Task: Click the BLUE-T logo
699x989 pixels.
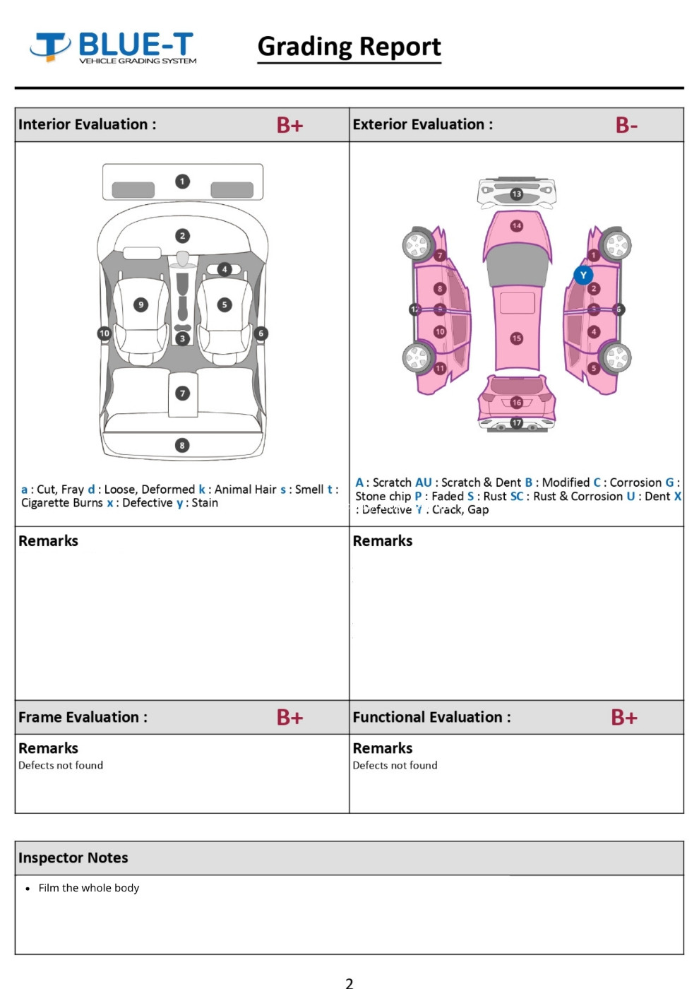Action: pyautogui.click(x=113, y=47)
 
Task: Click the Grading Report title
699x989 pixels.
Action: pyautogui.click(x=349, y=47)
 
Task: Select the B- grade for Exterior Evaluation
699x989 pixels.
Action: pyautogui.click(x=626, y=125)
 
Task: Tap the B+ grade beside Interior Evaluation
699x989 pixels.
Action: pyautogui.click(x=289, y=125)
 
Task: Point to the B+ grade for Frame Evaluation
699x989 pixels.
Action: pyautogui.click(x=289, y=717)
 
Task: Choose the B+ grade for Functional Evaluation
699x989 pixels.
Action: pyautogui.click(x=624, y=717)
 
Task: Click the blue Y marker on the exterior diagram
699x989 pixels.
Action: pyautogui.click(x=583, y=275)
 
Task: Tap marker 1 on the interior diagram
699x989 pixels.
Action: pyautogui.click(x=182, y=182)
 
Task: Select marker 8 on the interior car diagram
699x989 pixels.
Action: pyautogui.click(x=182, y=445)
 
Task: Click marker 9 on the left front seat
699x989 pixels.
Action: pyautogui.click(x=141, y=304)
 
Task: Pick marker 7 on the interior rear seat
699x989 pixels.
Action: pyautogui.click(x=182, y=393)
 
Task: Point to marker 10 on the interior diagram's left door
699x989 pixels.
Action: pyautogui.click(x=104, y=333)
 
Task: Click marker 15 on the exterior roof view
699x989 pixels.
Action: pyautogui.click(x=517, y=338)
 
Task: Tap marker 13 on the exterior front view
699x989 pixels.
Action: pyautogui.click(x=517, y=194)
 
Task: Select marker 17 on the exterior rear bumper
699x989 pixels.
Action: pyautogui.click(x=517, y=422)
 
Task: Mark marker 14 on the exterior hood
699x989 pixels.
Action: pyautogui.click(x=517, y=226)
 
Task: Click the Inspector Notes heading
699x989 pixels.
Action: pyautogui.click(x=73, y=858)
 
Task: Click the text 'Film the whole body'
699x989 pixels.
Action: pyautogui.click(x=89, y=888)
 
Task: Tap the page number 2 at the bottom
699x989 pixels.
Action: pyautogui.click(x=349, y=982)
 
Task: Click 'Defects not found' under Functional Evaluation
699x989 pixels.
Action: pyautogui.click(x=395, y=765)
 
